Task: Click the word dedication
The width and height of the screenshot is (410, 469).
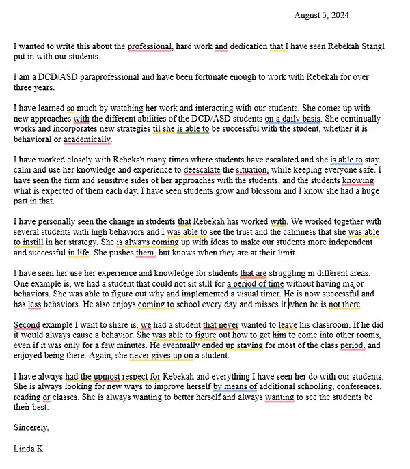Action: click(249, 47)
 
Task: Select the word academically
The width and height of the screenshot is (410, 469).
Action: click(87, 139)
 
